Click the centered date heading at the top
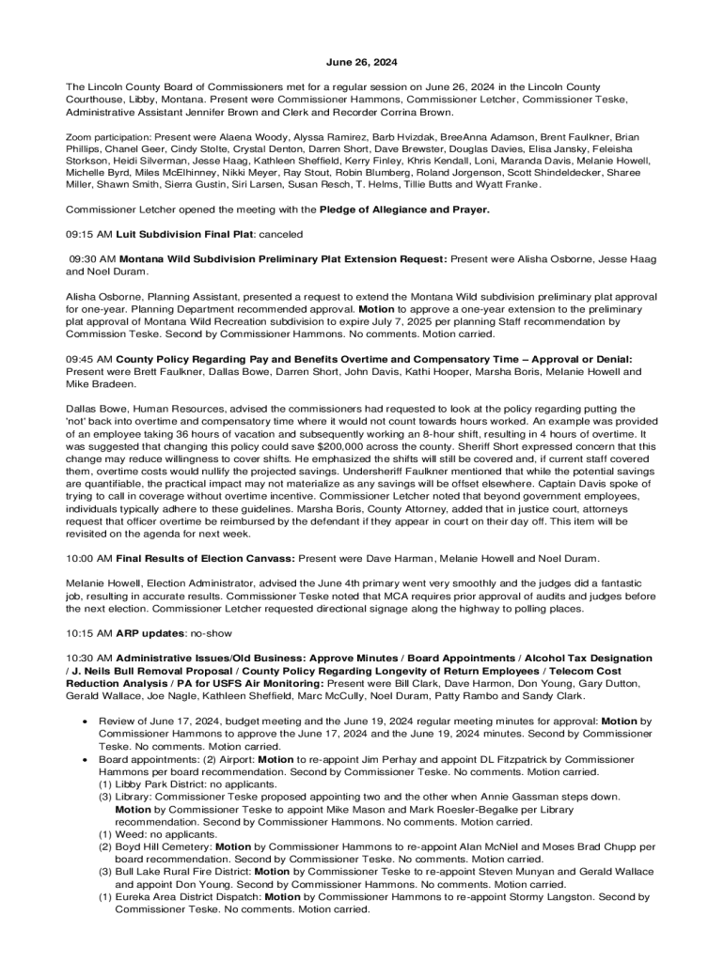tap(361, 62)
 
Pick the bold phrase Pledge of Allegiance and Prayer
tap(404, 209)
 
